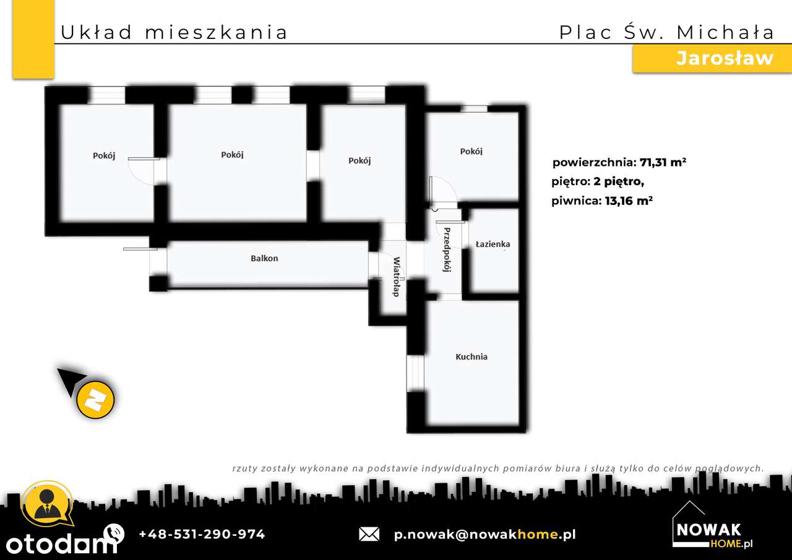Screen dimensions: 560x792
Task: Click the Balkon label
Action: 264,258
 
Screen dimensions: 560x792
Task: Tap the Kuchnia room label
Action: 471,356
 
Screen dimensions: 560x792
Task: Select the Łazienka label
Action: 493,244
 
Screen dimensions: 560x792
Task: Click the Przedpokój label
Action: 446,250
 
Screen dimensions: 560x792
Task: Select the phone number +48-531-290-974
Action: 202,534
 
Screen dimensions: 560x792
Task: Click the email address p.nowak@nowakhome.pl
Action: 484,534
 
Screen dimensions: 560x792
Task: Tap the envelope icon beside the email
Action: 369,534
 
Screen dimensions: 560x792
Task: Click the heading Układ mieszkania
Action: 174,32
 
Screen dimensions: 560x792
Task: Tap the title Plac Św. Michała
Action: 666,32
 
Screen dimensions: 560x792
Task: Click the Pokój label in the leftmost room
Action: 104,156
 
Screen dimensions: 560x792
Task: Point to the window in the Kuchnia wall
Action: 415,373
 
